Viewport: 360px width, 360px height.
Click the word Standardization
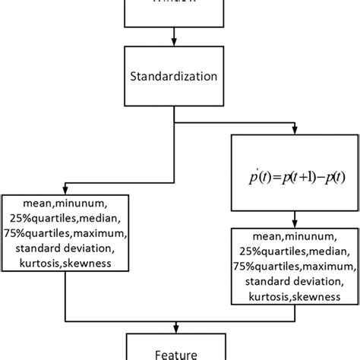(x=175, y=77)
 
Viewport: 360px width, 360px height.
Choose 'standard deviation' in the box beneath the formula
(x=292, y=283)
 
